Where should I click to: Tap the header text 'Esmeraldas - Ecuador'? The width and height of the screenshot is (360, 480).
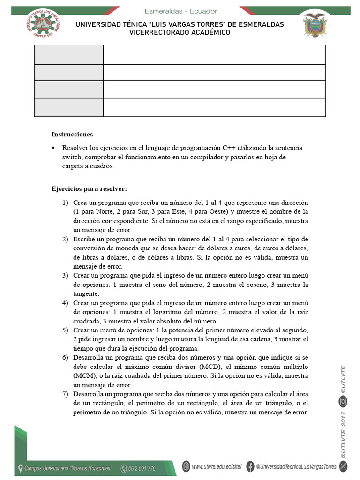(x=180, y=11)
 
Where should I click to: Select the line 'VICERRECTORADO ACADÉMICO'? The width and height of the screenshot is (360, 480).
(x=180, y=33)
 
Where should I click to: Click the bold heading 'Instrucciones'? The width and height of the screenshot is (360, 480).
(x=72, y=135)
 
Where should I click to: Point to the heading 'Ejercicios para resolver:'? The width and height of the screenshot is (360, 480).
(x=89, y=189)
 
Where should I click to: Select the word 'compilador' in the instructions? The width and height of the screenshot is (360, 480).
(x=207, y=157)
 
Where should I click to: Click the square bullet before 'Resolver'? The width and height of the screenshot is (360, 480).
(x=53, y=148)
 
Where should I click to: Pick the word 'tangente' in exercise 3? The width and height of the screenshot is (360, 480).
(x=86, y=294)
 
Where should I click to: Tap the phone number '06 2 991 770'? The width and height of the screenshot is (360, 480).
(x=142, y=468)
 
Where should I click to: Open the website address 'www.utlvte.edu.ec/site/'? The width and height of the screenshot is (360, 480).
(x=216, y=466)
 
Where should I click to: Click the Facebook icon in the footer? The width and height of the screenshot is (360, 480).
(x=250, y=466)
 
